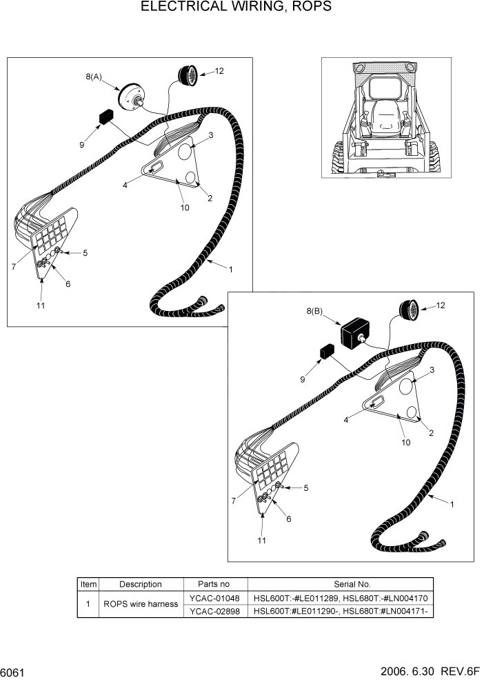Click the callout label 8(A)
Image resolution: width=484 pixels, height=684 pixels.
[94, 78]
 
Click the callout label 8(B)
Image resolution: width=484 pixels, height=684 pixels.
[314, 311]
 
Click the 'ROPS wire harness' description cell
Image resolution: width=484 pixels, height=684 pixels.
[140, 604]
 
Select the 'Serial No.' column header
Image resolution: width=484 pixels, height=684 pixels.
[342, 584]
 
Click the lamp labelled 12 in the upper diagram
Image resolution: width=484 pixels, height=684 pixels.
[188, 74]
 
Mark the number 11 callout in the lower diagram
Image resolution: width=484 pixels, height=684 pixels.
[261, 541]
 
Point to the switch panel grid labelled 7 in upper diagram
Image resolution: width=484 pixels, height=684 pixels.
[52, 234]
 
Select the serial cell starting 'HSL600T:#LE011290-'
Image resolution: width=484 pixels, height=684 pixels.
[342, 611]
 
